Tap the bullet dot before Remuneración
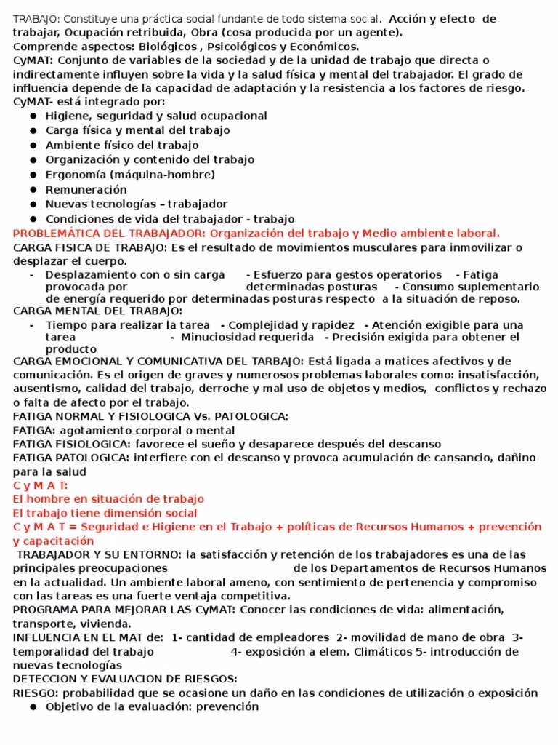33,190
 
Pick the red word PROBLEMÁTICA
55,234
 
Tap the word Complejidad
270,325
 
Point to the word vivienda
107,624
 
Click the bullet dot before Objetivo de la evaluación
33,707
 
